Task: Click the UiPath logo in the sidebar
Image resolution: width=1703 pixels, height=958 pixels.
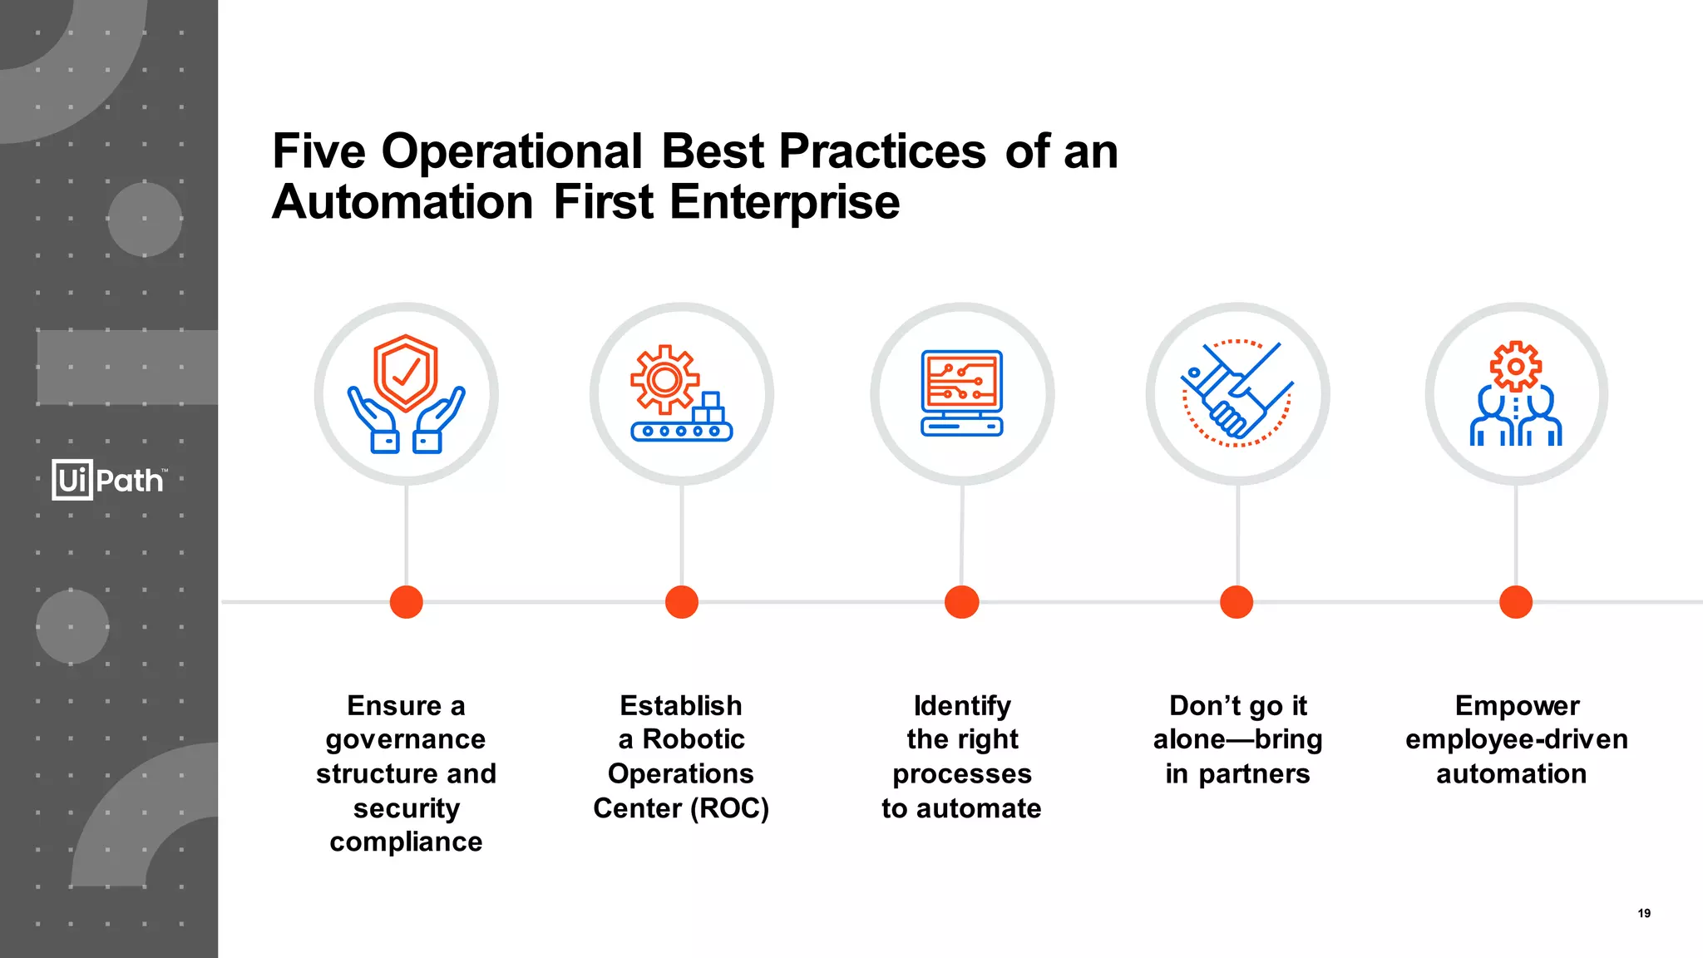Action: click(109, 480)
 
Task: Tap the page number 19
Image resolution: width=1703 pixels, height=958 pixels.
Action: click(1644, 913)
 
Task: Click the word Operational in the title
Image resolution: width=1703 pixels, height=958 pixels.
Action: click(511, 151)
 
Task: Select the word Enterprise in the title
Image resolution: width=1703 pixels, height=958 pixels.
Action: click(784, 202)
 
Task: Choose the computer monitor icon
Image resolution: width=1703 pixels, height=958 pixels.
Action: click(962, 393)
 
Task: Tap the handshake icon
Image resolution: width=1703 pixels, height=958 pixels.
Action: click(1237, 393)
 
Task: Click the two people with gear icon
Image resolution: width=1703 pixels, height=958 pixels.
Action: click(1516, 393)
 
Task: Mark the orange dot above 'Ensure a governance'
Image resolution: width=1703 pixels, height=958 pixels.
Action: click(406, 601)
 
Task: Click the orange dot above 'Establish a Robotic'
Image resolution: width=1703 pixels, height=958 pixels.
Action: click(682, 601)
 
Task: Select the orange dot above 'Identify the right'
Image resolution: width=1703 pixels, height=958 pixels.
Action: click(962, 601)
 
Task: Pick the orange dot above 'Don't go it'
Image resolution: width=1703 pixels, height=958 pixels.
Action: click(1237, 601)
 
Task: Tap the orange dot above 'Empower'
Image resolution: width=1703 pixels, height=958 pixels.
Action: click(1516, 601)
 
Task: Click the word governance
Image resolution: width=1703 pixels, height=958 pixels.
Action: click(406, 739)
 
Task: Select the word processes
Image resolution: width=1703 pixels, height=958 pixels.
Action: click(962, 774)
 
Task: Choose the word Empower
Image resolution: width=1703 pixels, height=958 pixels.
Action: click(1517, 705)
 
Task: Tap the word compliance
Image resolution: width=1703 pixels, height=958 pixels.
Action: click(406, 842)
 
